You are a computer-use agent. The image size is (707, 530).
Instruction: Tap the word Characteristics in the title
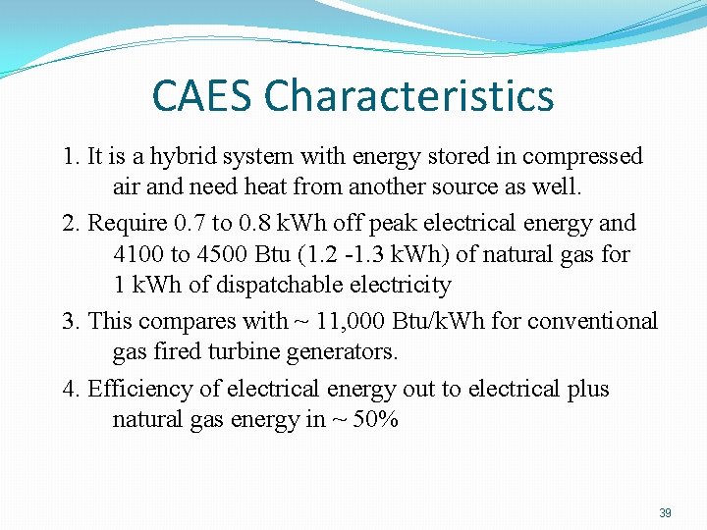click(409, 96)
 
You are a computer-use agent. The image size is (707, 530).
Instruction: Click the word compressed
click(582, 156)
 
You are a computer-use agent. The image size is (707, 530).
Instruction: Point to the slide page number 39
click(665, 513)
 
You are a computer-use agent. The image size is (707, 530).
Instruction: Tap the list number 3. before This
click(71, 321)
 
